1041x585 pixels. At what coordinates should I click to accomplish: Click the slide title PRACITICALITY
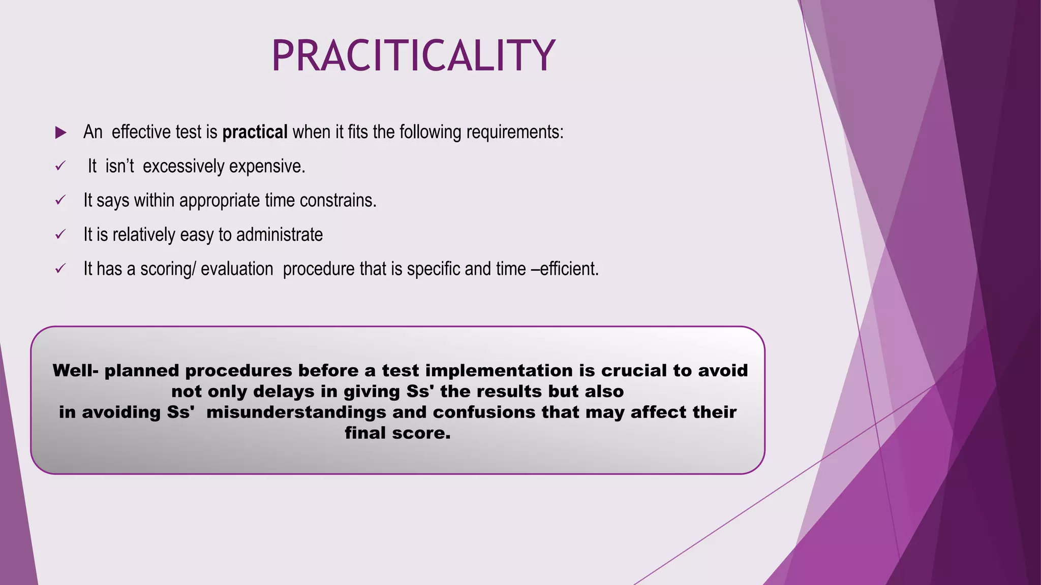pyautogui.click(x=413, y=56)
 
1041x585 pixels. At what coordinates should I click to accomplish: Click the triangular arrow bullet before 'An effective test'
pyautogui.click(x=60, y=133)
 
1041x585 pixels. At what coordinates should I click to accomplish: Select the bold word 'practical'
pyautogui.click(x=255, y=132)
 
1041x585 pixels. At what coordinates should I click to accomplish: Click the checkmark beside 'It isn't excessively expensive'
pyautogui.click(x=60, y=166)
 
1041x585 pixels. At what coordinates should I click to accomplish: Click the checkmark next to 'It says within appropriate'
pyautogui.click(x=60, y=201)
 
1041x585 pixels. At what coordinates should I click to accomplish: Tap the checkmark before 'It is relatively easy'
pyautogui.click(x=60, y=235)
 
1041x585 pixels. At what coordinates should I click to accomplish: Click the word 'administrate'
pyautogui.click(x=279, y=235)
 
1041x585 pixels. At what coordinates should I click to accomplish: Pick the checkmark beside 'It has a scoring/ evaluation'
pyautogui.click(x=60, y=269)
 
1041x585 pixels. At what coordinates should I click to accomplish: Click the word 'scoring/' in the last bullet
pyautogui.click(x=168, y=269)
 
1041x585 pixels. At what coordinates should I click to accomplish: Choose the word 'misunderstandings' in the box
pyautogui.click(x=296, y=412)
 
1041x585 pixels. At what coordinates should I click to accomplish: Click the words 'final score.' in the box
pyautogui.click(x=397, y=433)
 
